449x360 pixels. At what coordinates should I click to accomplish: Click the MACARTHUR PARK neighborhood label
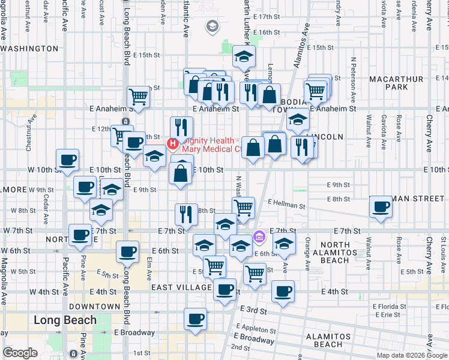[x=388, y=83]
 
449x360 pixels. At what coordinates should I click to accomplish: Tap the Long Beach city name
[x=65, y=320]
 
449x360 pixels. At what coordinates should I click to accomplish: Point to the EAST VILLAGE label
[x=179, y=288]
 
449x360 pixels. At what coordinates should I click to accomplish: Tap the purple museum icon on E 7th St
[x=259, y=236]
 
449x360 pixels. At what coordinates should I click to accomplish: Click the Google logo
[x=20, y=353]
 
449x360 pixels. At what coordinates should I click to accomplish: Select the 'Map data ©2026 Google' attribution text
[x=412, y=355]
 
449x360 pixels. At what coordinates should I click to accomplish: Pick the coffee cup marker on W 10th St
[x=68, y=160]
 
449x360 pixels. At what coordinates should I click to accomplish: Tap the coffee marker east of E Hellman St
[x=381, y=207]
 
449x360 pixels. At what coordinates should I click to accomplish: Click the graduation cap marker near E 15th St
[x=244, y=56]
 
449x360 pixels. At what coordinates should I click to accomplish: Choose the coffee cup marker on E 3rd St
[x=194, y=319]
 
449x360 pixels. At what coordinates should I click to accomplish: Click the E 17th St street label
[x=267, y=17]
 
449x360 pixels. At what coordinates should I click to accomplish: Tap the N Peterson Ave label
[x=354, y=74]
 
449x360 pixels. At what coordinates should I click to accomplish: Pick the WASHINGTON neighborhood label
[x=30, y=49]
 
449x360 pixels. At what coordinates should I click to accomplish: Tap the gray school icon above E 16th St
[x=212, y=26]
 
